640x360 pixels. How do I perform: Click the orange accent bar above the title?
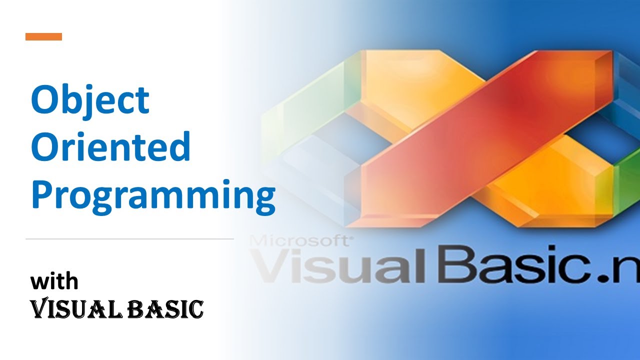click(43, 36)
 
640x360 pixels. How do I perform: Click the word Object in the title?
click(90, 101)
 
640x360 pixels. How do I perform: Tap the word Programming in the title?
click(153, 197)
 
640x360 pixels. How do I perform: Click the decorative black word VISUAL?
click(76, 308)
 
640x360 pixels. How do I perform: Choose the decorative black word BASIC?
click(165, 309)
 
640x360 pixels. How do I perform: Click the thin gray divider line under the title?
click(129, 238)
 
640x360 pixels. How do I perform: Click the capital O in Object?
click(45, 99)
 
